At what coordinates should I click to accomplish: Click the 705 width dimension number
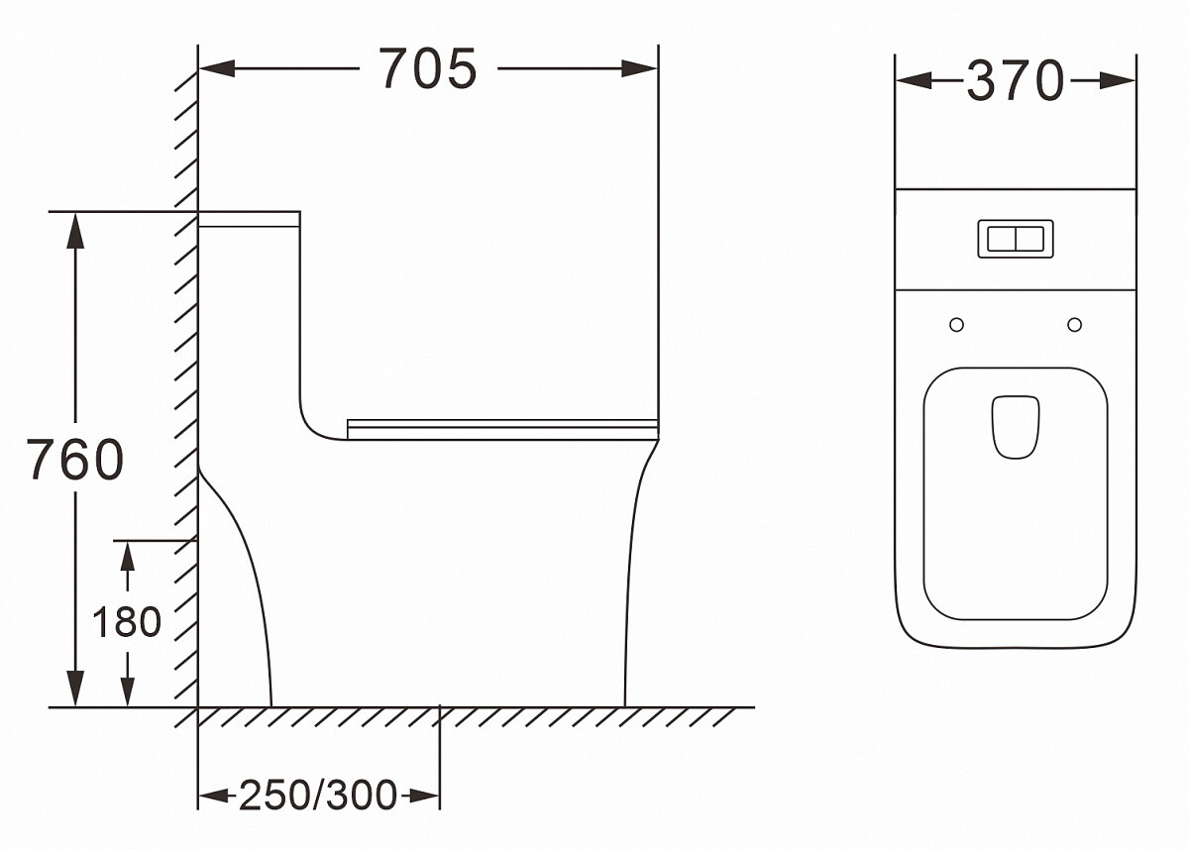[428, 69]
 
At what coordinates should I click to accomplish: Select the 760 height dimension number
[75, 460]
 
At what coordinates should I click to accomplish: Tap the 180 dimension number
[127, 622]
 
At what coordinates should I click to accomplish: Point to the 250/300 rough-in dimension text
[318, 795]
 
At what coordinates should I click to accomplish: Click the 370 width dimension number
[1016, 80]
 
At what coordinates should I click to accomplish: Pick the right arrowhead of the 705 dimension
[639, 68]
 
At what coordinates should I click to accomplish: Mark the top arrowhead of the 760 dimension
[75, 231]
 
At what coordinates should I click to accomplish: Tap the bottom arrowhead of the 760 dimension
[75, 689]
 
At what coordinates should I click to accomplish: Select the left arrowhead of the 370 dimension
[914, 80]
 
